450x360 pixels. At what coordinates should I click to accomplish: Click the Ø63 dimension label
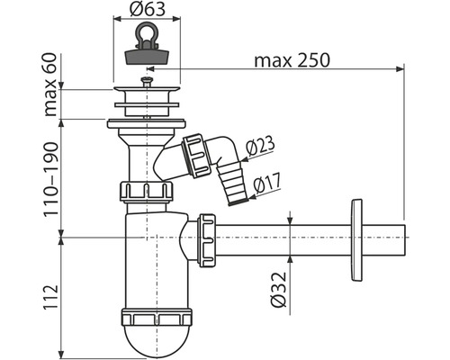(x=148, y=9)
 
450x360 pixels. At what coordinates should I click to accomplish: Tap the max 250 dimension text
(x=292, y=60)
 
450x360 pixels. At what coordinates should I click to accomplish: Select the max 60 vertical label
(x=50, y=85)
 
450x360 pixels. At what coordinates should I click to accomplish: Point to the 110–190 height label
(x=50, y=179)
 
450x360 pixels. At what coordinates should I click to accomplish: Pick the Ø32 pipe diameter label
(x=278, y=290)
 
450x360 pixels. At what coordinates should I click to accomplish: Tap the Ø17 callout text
(x=267, y=184)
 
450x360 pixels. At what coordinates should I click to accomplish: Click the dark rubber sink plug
(x=147, y=57)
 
